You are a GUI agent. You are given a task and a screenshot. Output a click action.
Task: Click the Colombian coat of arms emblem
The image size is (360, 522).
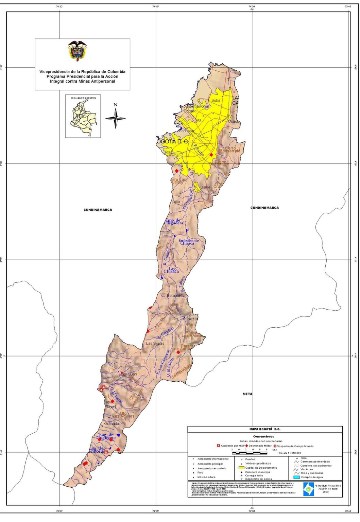[77, 51]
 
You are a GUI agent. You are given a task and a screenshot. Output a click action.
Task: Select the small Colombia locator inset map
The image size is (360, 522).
[83, 117]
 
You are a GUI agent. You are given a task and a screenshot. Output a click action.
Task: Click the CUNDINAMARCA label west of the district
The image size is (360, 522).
[98, 210]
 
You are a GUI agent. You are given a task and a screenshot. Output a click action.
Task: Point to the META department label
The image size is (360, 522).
[247, 394]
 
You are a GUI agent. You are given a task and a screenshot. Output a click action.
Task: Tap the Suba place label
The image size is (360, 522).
[216, 101]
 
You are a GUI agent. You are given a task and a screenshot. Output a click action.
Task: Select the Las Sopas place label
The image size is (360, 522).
[155, 344]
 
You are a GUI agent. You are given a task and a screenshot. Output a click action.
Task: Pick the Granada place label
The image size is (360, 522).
[112, 424]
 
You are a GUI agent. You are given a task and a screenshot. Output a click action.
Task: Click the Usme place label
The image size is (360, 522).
[205, 187]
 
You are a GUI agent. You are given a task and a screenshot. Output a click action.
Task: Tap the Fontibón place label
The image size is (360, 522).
[186, 131]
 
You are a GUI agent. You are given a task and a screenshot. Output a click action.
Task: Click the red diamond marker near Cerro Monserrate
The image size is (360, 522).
[211, 155]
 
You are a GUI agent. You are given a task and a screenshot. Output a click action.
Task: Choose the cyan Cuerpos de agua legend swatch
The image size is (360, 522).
[295, 477]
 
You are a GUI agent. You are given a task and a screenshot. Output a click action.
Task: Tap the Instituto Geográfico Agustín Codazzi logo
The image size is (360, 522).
[308, 489]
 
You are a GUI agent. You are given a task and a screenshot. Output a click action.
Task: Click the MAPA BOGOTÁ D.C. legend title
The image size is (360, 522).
[265, 429]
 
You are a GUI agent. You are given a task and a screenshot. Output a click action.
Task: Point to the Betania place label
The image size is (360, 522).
[173, 296]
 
